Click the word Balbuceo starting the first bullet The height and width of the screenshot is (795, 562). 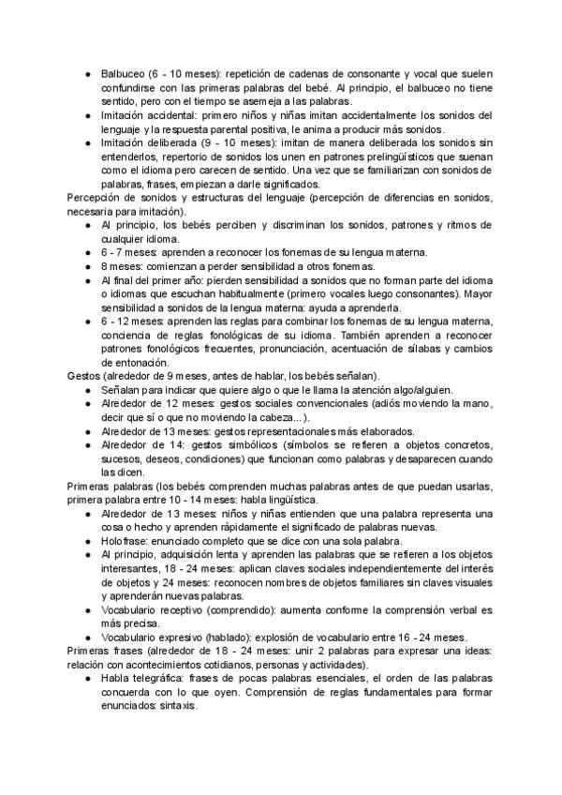click(x=122, y=73)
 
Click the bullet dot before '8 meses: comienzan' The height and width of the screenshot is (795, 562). click(x=87, y=267)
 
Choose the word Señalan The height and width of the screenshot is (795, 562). click(x=124, y=390)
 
